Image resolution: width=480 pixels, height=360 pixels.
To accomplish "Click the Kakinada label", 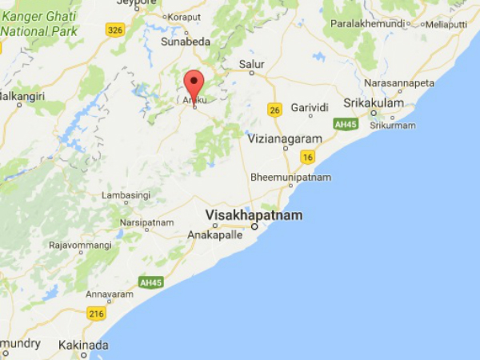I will [x=83, y=346].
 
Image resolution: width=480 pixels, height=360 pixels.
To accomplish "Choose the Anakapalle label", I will [x=213, y=235].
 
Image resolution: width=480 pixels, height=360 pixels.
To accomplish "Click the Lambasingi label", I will [x=128, y=194].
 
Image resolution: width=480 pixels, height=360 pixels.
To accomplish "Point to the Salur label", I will [x=252, y=64].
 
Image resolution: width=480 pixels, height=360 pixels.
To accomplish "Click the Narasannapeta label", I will [x=398, y=82].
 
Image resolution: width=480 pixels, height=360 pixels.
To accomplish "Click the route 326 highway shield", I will [x=115, y=30].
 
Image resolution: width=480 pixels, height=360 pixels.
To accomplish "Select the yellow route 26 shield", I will [x=275, y=110].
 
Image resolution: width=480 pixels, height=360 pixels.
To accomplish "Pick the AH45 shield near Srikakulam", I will [x=345, y=124].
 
